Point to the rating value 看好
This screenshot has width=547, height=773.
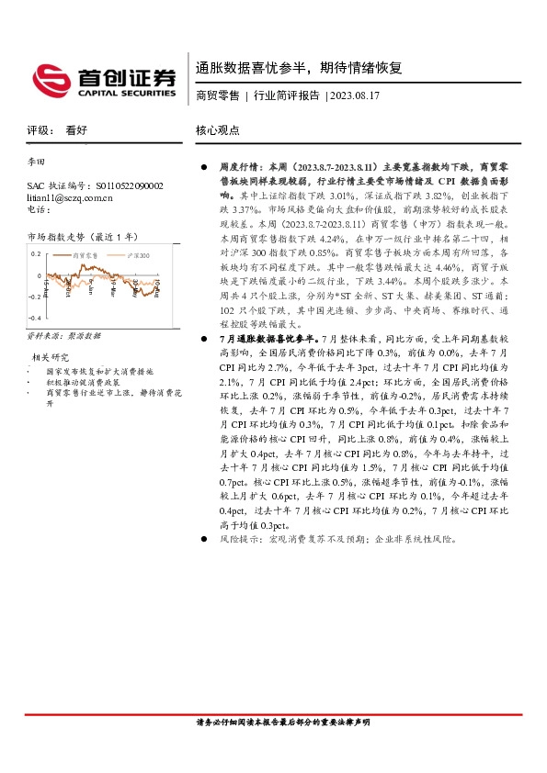click(x=76, y=130)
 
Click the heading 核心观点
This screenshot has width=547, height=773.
click(x=218, y=130)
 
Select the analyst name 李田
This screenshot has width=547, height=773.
click(x=38, y=162)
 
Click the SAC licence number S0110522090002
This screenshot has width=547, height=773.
click(x=129, y=185)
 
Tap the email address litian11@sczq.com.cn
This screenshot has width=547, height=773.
click(x=70, y=197)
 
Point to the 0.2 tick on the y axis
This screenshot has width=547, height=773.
click(x=37, y=252)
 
